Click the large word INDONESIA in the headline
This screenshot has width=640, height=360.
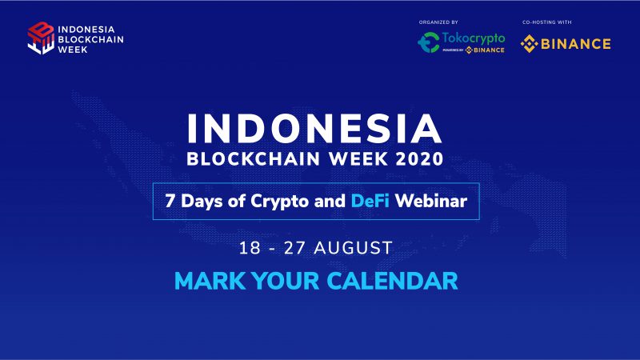pos(314,129)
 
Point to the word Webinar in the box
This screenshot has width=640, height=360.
pos(434,202)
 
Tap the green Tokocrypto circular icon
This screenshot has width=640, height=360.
pos(429,43)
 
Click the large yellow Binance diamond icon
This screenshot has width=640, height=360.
pos(529,43)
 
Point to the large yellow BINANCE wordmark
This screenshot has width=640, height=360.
pos(576,43)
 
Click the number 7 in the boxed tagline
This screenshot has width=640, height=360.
pos(170,202)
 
